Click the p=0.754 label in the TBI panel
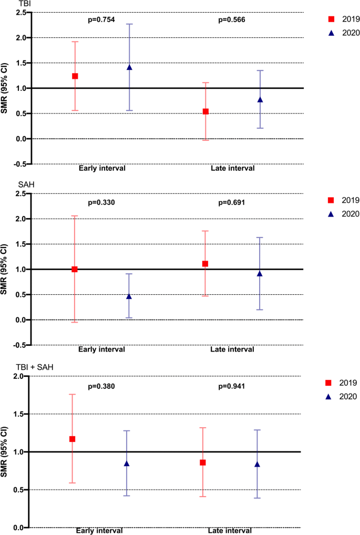pos(101,20)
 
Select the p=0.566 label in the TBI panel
pos(232,20)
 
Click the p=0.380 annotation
pos(101,386)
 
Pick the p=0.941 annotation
pos(232,386)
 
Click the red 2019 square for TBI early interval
pos(75,76)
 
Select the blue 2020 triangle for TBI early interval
pos(129,67)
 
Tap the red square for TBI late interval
pos(206,111)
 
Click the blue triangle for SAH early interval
pos(129,296)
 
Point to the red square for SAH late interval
pos(205,264)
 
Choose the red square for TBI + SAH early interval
pos(73,439)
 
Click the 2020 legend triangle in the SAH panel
pos(331,214)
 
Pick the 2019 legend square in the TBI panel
pos(331,19)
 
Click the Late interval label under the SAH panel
pos(232,349)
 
